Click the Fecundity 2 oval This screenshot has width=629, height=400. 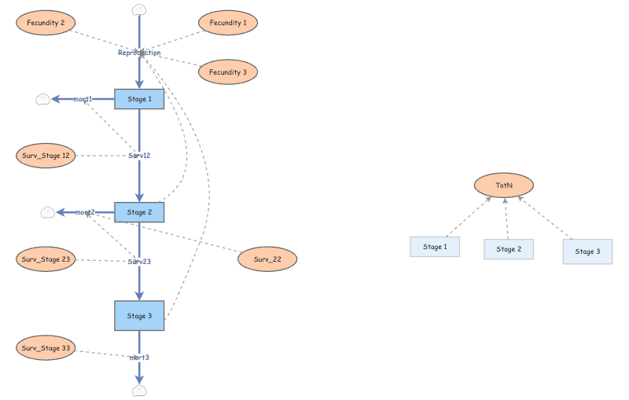pos(46,23)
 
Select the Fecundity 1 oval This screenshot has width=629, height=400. pos(228,23)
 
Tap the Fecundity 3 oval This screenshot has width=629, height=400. pos(228,72)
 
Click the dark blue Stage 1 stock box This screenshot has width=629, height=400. pos(139,99)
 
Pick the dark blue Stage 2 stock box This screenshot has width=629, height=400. pos(139,212)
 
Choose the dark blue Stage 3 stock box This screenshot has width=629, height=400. pos(139,316)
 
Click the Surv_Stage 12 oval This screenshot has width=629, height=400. pos(46,156)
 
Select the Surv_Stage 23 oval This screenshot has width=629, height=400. pos(46,259)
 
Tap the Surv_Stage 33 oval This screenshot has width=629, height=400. pos(46,347)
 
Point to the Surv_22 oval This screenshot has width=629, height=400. pos(267,259)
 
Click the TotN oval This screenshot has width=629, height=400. pos(504,185)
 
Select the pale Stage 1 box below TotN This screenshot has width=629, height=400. pos(434,248)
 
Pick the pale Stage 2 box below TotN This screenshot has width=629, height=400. pos(508,249)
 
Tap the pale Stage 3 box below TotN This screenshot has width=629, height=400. pos(587,251)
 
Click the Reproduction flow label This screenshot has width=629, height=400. pos(139,53)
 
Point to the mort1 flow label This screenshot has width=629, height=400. pos(83,99)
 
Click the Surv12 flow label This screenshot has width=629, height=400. pos(139,156)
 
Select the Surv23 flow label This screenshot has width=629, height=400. pos(139,261)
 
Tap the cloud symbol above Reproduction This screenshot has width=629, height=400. pos(139,9)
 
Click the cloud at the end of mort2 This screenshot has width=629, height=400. pos(47,212)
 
